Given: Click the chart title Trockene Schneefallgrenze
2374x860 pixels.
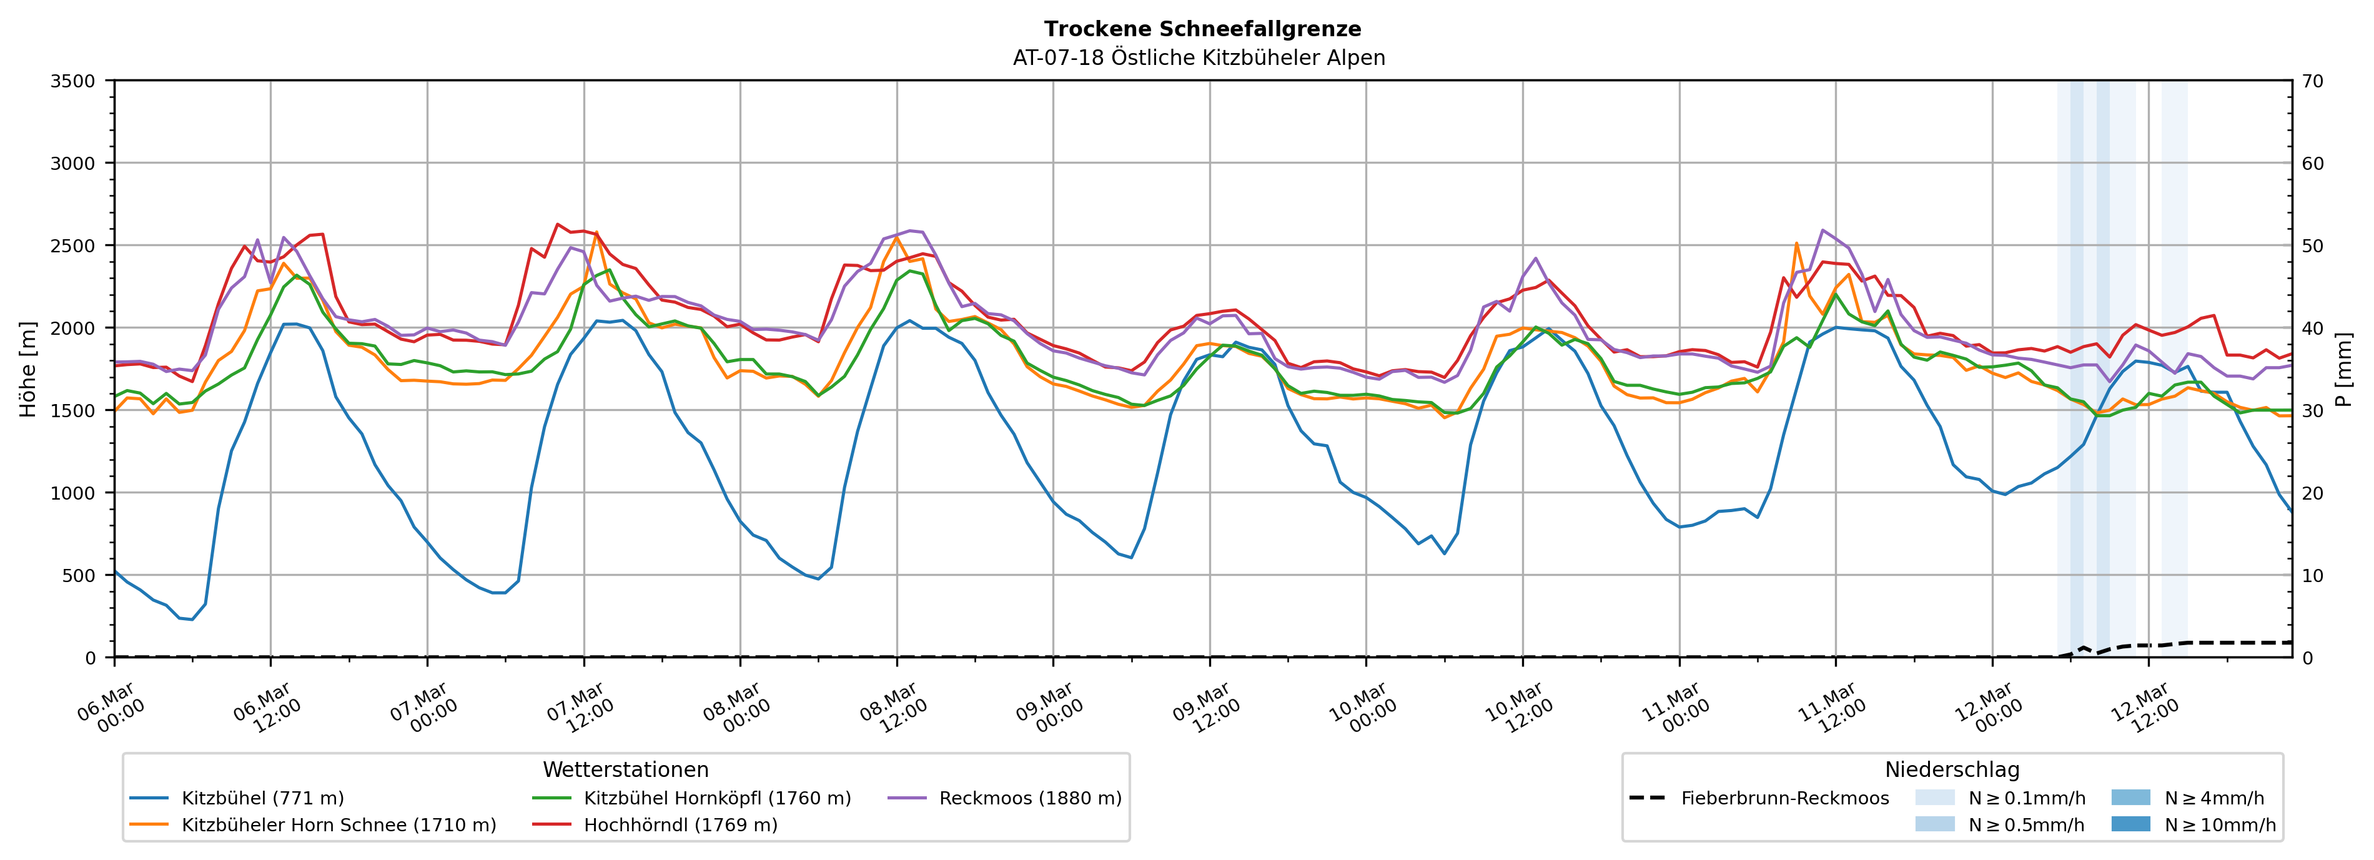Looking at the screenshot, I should coord(1202,29).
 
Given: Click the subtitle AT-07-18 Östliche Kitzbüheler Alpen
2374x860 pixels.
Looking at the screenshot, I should coord(1198,58).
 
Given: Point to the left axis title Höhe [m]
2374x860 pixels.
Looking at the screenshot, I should coord(29,368).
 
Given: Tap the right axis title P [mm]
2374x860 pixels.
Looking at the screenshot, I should coord(2343,368).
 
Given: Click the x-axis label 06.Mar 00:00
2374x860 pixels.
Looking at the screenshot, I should coord(111,707).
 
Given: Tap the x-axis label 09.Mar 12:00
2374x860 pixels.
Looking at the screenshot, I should coord(1205,707).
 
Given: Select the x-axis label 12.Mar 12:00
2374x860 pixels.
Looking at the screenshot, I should coord(2145,707).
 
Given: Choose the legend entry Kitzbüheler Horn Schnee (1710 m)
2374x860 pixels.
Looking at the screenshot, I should coord(339,825).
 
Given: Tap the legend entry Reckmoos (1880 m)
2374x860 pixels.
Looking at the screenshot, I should coord(1029,798).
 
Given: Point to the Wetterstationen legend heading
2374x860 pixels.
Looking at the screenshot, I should coord(626,769).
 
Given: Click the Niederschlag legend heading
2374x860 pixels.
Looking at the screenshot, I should coord(1952,769).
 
